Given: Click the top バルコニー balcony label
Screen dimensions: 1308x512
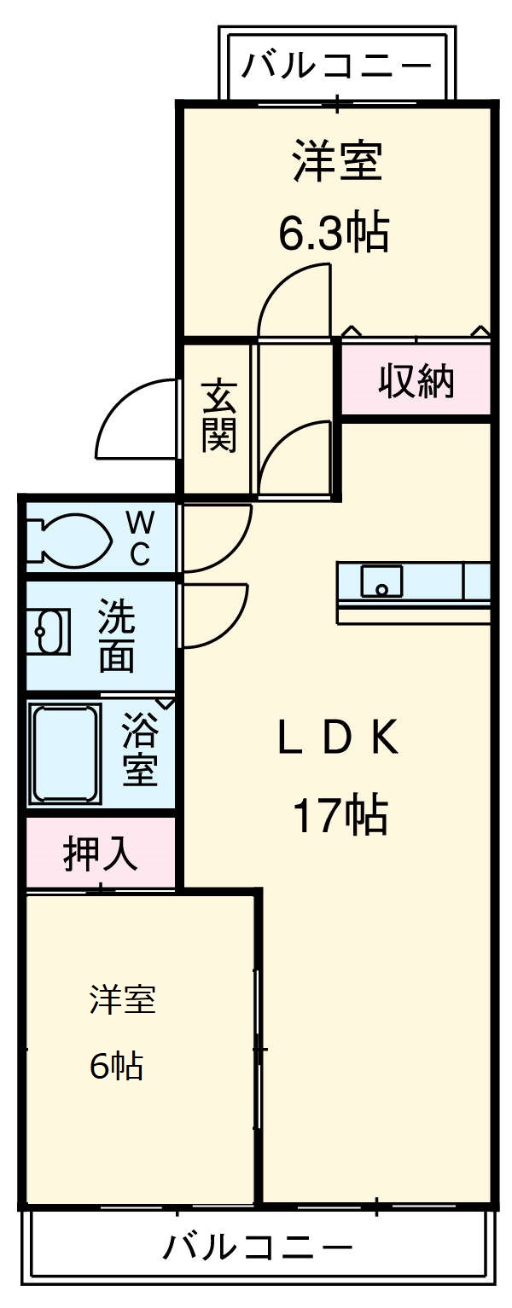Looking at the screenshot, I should point(337,65).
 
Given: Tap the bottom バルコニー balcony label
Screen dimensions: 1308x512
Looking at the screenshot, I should point(257,1248).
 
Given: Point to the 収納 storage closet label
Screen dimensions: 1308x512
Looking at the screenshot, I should point(417,381).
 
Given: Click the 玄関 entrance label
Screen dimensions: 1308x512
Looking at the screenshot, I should point(218,415).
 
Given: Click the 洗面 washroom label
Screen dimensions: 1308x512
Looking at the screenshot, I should point(116,635).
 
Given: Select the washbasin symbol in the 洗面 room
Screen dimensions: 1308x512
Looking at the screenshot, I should point(48,631).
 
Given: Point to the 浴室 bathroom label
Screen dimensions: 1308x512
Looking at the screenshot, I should point(140,750).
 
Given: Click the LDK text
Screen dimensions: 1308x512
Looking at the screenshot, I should point(338,739).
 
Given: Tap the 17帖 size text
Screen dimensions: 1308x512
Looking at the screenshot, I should point(340,815).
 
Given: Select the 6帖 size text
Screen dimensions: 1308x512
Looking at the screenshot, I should point(116,1066).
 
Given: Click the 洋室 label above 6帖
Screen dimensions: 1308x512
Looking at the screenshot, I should point(124,998).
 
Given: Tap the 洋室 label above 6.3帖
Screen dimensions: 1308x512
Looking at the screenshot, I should point(336,162).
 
